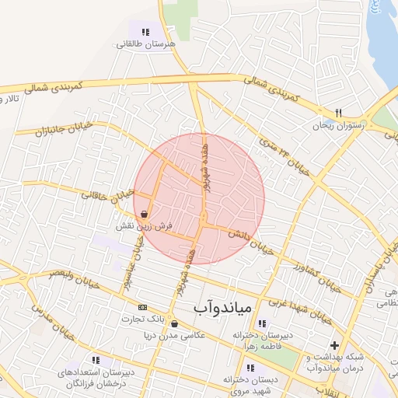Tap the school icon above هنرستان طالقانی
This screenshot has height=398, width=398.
pos(145,32)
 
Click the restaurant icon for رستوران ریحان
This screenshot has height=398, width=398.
pos(338,112)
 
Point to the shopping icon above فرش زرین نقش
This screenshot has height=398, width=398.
pos(145,214)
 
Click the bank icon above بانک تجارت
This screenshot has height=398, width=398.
pos(141,307)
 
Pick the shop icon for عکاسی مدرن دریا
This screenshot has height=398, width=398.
pos(174,324)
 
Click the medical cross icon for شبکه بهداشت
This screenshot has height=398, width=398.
pos(334,344)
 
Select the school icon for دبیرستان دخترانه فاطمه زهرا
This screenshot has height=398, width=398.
pos(261,323)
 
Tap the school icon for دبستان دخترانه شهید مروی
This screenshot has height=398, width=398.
pos(250,368)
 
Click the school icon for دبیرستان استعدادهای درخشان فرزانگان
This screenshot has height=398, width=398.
pos(96,361)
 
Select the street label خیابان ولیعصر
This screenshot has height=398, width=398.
pos(75,279)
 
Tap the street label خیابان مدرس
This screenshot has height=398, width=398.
pos(52,321)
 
